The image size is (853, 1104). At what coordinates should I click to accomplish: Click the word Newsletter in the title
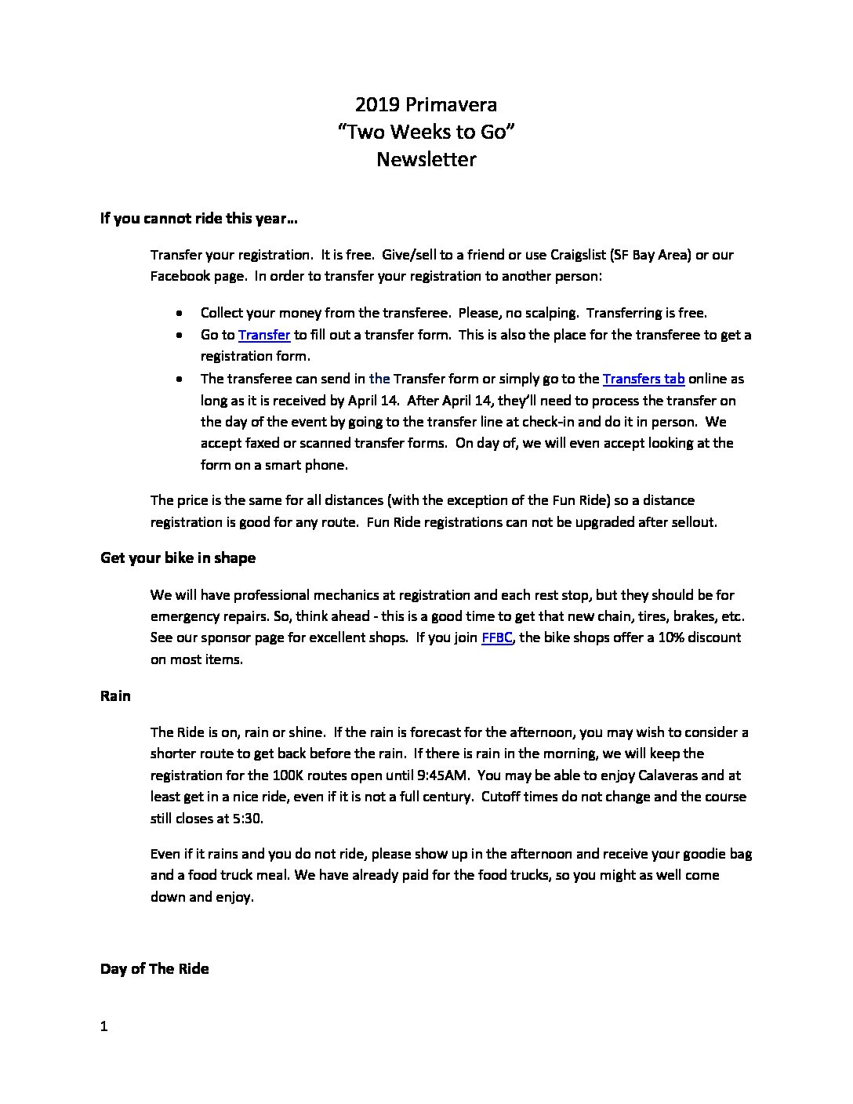tap(426, 159)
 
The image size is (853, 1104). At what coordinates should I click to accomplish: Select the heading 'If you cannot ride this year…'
tap(198, 218)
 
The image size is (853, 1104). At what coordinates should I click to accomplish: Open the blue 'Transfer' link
tap(264, 335)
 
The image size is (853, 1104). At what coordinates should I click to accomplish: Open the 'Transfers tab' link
tap(644, 379)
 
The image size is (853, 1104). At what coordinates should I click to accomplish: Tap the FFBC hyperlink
tap(497, 637)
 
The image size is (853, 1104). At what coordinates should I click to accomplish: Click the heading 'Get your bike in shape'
tap(178, 558)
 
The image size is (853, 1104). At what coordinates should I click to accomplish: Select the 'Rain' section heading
tap(115, 696)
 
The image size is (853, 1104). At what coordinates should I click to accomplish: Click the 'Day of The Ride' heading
tap(154, 969)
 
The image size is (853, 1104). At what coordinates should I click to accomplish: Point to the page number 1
tap(103, 1026)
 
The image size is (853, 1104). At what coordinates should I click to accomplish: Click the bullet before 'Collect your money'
tap(181, 313)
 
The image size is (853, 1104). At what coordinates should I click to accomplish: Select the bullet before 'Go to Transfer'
tap(181, 335)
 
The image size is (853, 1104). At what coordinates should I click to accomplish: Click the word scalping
tap(552, 313)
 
